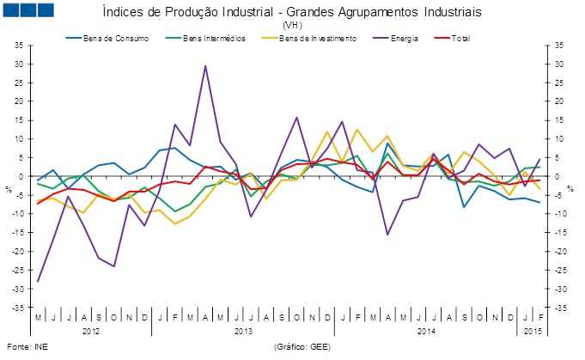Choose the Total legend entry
pyautogui.click(x=459, y=38)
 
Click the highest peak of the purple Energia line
pyautogui.click(x=205, y=65)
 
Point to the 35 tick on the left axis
pyautogui.click(x=20, y=45)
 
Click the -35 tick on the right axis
pyautogui.click(x=558, y=307)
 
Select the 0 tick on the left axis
pyautogui.click(x=22, y=176)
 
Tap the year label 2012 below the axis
pyautogui.click(x=92, y=330)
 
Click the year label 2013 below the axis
pyautogui.click(x=243, y=330)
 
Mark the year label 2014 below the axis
pyautogui.click(x=424, y=330)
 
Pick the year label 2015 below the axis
pyautogui.click(x=531, y=330)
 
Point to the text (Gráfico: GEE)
pyautogui.click(x=302, y=347)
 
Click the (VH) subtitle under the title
pyautogui.click(x=291, y=26)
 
